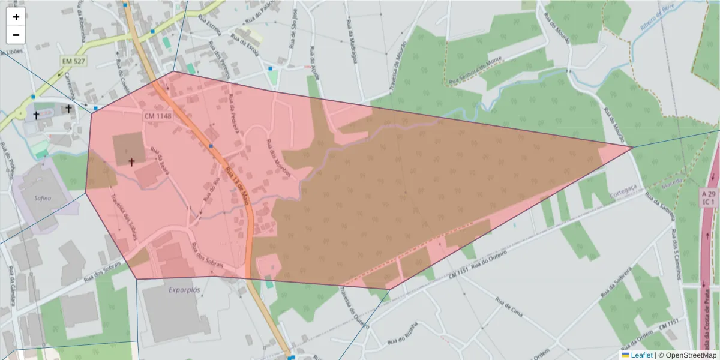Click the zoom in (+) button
[16, 17]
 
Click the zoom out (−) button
[16, 35]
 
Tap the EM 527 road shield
[73, 61]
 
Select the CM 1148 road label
[158, 115]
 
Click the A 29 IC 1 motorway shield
[709, 197]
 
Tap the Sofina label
[43, 197]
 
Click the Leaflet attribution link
[641, 355]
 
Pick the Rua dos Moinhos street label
[278, 158]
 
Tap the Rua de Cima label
[509, 306]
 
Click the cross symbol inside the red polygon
[131, 162]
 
